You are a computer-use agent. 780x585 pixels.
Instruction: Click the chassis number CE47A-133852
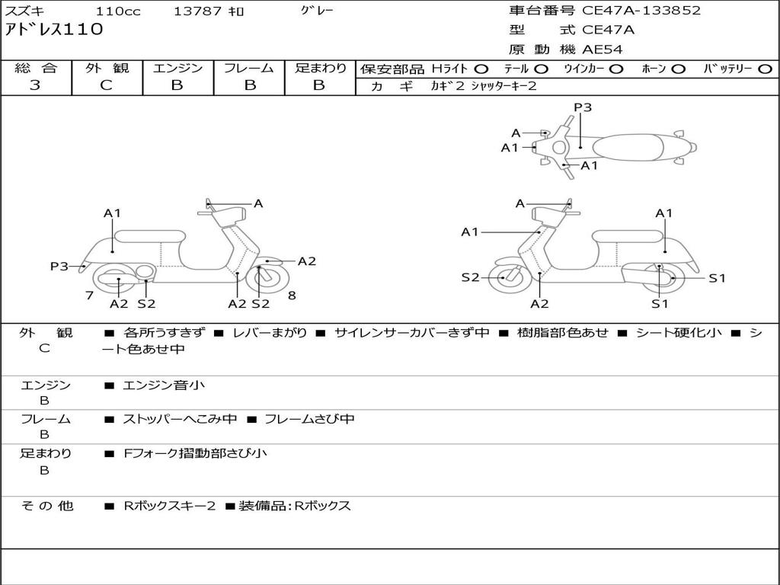pyautogui.click(x=641, y=11)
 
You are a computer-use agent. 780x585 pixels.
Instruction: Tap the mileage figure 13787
pyautogui.click(x=197, y=11)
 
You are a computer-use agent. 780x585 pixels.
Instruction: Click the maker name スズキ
pyautogui.click(x=24, y=11)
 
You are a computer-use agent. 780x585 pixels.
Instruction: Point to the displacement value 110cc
pyautogui.click(x=118, y=11)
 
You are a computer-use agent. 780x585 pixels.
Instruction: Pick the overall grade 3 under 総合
pyautogui.click(x=35, y=85)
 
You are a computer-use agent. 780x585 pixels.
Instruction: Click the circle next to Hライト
pyautogui.click(x=481, y=69)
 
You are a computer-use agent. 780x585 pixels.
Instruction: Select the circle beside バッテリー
pyautogui.click(x=765, y=69)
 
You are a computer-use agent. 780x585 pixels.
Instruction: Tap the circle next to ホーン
pyautogui.click(x=678, y=69)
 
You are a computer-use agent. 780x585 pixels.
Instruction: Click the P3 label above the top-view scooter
pyautogui.click(x=583, y=107)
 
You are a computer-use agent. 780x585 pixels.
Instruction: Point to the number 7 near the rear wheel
pyautogui.click(x=90, y=296)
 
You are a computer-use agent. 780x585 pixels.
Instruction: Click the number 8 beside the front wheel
pyautogui.click(x=292, y=296)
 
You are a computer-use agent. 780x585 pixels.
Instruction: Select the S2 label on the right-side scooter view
pyautogui.click(x=470, y=277)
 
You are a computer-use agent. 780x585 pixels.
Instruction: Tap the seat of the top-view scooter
pyautogui.click(x=628, y=148)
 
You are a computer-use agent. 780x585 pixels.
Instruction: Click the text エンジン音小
pyautogui.click(x=164, y=385)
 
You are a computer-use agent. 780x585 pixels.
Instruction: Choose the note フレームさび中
pyautogui.click(x=309, y=420)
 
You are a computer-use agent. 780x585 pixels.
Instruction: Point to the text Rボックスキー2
pyautogui.click(x=170, y=507)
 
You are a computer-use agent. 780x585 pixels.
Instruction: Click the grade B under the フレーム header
pyautogui.click(x=250, y=85)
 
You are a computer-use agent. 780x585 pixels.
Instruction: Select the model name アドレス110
pyautogui.click(x=54, y=30)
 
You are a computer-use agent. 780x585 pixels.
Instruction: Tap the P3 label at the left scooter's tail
pyautogui.click(x=59, y=267)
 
